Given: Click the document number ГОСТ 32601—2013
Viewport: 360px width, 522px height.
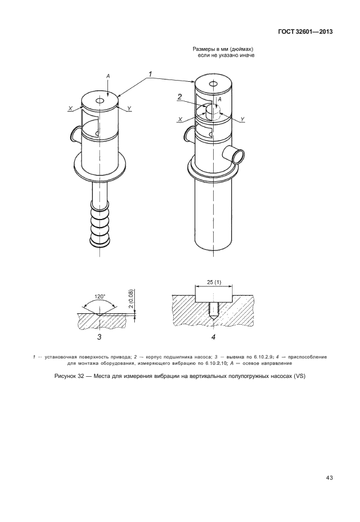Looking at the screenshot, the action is (306, 32).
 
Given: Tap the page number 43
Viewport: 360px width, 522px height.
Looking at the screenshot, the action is (329, 478).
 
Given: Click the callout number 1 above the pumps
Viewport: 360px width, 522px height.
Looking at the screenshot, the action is (150, 74).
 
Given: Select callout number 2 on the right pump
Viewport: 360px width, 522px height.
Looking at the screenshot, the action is (179, 97).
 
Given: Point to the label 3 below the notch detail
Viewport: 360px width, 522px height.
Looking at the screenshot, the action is (99, 337).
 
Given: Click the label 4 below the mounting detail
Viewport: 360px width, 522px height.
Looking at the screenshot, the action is (213, 337).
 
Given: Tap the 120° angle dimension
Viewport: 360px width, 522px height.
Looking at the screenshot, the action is (99, 296).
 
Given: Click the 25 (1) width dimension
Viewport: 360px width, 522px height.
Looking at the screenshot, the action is (214, 282).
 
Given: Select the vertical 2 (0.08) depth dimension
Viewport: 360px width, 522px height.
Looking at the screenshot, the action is (131, 299).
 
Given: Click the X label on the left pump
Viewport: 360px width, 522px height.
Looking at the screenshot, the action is (70, 109).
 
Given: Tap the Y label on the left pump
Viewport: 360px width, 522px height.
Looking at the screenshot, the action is (129, 108).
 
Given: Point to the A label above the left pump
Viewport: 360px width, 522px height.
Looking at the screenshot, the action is (108, 76).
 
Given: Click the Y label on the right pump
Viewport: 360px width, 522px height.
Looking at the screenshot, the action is (242, 119).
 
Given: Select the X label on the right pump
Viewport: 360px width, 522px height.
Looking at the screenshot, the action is (180, 119).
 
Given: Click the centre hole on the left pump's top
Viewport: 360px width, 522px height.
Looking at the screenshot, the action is (99, 100).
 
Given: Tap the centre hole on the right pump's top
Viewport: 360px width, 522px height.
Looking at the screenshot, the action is (213, 83).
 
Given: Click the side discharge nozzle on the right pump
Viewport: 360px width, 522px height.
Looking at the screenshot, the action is (234, 154).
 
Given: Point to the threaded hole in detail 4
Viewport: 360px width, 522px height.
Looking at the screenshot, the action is (213, 309).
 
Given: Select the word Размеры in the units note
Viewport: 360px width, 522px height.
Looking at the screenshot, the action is (202, 49).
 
